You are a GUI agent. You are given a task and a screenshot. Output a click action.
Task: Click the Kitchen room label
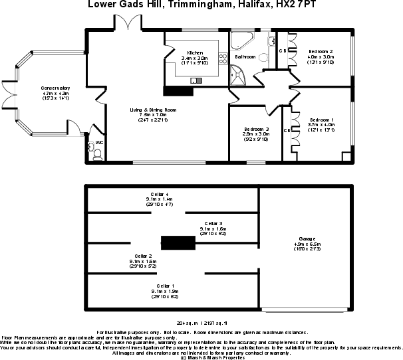(x=195, y=52)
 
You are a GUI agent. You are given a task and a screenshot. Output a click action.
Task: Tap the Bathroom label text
(x=245, y=57)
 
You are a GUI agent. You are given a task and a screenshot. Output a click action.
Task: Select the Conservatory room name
(x=55, y=88)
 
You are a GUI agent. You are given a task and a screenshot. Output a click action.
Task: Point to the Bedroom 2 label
(x=321, y=51)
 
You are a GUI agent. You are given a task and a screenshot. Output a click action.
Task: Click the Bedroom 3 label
(x=256, y=128)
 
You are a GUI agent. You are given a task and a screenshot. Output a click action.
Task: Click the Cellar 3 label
(x=213, y=223)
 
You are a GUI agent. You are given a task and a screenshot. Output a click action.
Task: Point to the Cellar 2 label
(x=144, y=256)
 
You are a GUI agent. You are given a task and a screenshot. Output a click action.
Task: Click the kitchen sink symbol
(x=196, y=80)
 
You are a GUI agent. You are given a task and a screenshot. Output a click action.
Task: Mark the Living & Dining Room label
(x=153, y=109)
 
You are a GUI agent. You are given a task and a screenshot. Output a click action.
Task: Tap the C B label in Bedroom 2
(x=283, y=50)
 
